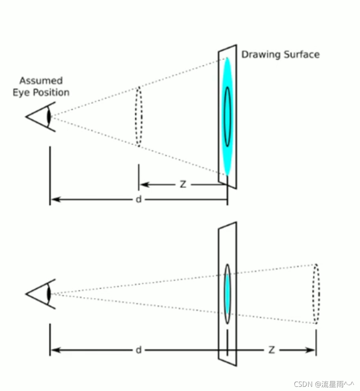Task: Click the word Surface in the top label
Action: click(301, 55)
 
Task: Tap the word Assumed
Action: click(41, 81)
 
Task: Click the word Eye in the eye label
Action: click(20, 92)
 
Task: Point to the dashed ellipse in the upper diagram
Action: click(139, 116)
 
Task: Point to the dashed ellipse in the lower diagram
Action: click(316, 294)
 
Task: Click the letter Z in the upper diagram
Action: click(183, 185)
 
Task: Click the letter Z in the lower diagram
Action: click(271, 350)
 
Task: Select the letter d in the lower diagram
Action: click(139, 350)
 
